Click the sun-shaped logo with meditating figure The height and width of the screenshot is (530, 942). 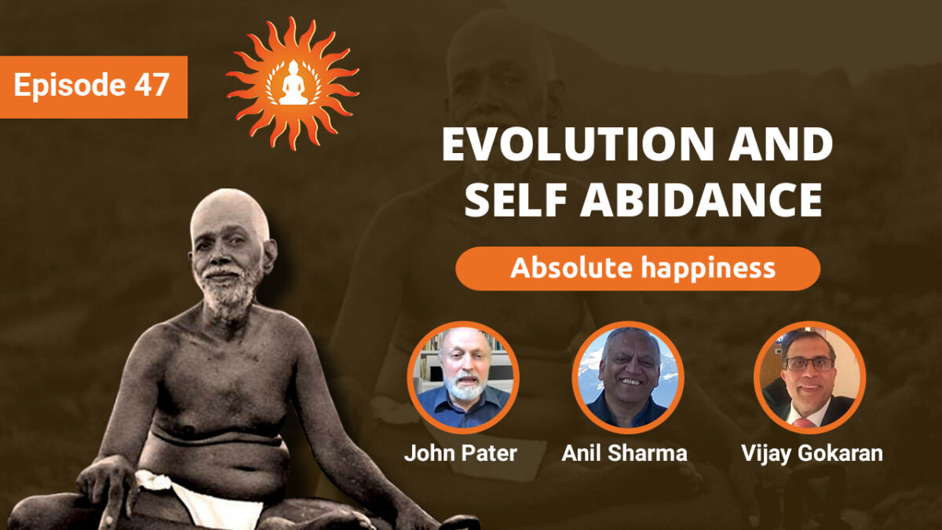point(292,82)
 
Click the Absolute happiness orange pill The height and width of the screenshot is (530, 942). point(637,269)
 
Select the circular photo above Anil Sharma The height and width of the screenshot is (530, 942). point(627,377)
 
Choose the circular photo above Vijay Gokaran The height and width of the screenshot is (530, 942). point(809,377)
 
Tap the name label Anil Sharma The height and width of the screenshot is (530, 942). point(625,453)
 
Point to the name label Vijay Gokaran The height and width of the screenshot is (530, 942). point(810,453)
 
